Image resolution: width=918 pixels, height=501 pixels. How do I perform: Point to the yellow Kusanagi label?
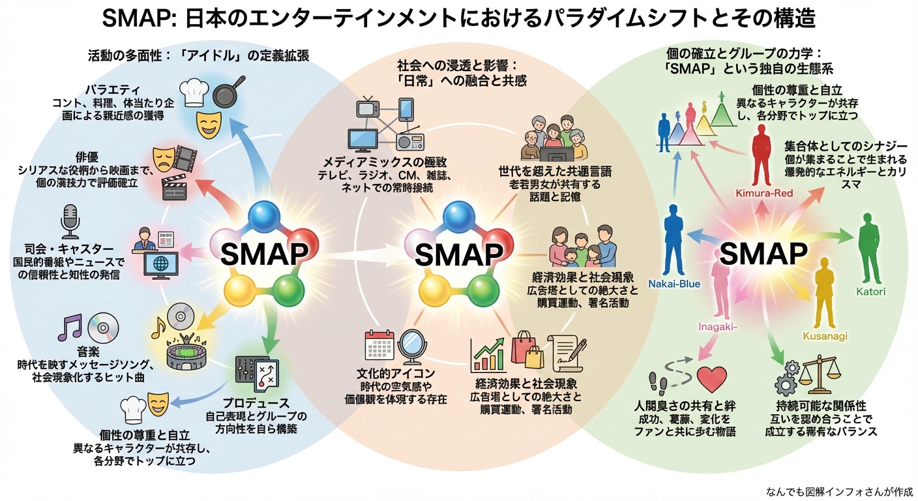click(825, 335)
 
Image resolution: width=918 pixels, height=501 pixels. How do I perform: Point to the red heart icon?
click(711, 380)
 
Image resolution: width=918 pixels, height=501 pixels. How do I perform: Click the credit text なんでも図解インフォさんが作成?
click(840, 491)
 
